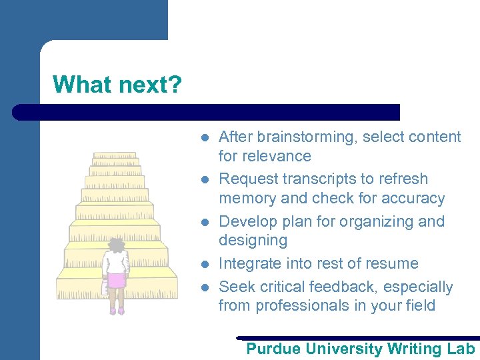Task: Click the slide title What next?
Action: [117, 85]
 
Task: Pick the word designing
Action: [253, 240]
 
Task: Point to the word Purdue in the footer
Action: [273, 349]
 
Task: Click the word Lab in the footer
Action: [461, 349]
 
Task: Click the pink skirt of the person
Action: [117, 280]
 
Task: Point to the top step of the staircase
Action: [115, 155]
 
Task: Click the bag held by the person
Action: [105, 286]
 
